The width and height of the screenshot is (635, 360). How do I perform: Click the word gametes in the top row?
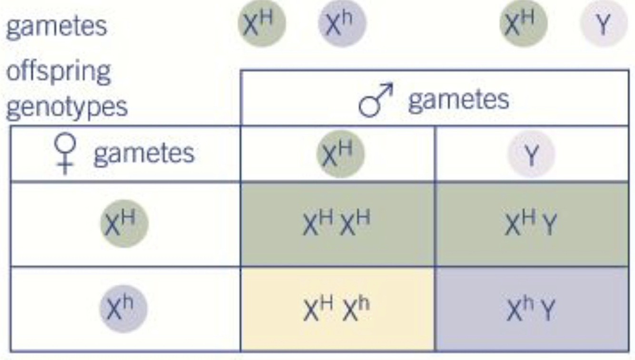(56, 26)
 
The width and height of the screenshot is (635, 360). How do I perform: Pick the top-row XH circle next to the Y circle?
(523, 23)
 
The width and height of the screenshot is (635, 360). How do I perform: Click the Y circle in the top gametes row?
(603, 24)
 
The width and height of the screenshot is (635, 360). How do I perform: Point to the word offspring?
(58, 71)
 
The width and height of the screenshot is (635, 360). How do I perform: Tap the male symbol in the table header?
(376, 100)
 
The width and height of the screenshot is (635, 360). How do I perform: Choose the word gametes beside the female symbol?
(144, 153)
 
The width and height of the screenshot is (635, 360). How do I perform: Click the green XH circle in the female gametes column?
(124, 223)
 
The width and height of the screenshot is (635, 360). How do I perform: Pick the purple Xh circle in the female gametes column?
(123, 309)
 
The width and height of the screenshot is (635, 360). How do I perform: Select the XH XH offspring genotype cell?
(337, 224)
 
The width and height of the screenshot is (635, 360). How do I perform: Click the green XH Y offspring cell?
(531, 224)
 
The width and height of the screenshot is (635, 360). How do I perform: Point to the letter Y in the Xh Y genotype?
(548, 311)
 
